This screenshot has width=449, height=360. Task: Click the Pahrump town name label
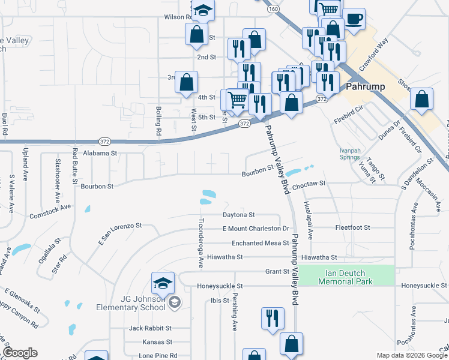pyautogui.click(x=366, y=86)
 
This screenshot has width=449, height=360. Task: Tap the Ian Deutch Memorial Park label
pyautogui.click(x=348, y=277)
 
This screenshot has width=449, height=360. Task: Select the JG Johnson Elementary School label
pyautogui.click(x=131, y=303)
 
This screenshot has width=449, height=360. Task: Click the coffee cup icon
pyautogui.click(x=354, y=19)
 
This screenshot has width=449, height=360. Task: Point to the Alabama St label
pyautogui.click(x=100, y=154)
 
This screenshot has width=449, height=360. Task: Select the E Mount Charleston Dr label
pyautogui.click(x=256, y=229)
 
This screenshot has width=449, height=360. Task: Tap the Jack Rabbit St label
pyautogui.click(x=150, y=328)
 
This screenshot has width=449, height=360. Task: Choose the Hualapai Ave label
pyautogui.click(x=310, y=221)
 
